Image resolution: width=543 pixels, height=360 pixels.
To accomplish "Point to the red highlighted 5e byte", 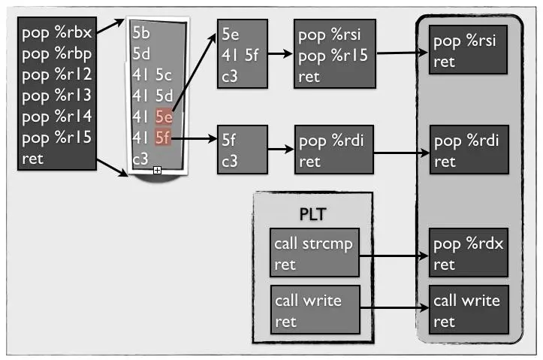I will coord(163,116).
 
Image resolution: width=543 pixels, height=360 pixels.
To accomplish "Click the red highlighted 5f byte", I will coord(163,138).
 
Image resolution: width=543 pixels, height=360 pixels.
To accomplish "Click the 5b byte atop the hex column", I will coord(140,33).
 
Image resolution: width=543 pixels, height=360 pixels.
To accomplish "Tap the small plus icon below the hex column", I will coord(157,171).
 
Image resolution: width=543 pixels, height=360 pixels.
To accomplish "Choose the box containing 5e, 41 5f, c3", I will coord(240,54).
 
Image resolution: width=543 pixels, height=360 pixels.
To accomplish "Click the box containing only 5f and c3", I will coord(240,150).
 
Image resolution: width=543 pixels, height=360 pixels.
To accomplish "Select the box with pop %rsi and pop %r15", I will coord(334,54).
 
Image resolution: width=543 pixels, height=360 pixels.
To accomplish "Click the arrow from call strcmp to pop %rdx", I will coord(394,256).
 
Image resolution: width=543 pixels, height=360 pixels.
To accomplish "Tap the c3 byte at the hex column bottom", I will coord(140,159).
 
